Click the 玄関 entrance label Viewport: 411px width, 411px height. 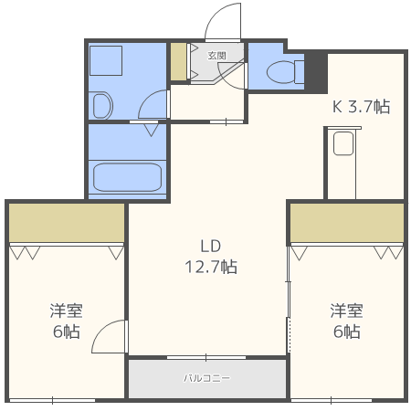pos(216,56)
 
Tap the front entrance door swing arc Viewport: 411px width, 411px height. pos(222,18)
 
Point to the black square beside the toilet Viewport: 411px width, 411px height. pos(316,70)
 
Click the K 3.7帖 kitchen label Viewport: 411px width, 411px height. pos(361,107)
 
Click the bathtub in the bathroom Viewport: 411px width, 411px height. pos(127,175)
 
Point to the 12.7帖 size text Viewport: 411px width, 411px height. pos(212,267)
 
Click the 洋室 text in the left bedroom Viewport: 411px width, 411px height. pos(66,311)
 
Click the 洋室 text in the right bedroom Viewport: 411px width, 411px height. pos(346,311)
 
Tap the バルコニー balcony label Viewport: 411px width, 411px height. pos(207,377)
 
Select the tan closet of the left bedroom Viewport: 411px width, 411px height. pos(67,222)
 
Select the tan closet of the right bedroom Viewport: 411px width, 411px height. pos(347,222)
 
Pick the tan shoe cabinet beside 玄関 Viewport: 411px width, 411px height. pos(177,61)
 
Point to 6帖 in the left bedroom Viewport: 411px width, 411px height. pos(66,332)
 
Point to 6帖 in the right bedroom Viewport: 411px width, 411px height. pos(346,332)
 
